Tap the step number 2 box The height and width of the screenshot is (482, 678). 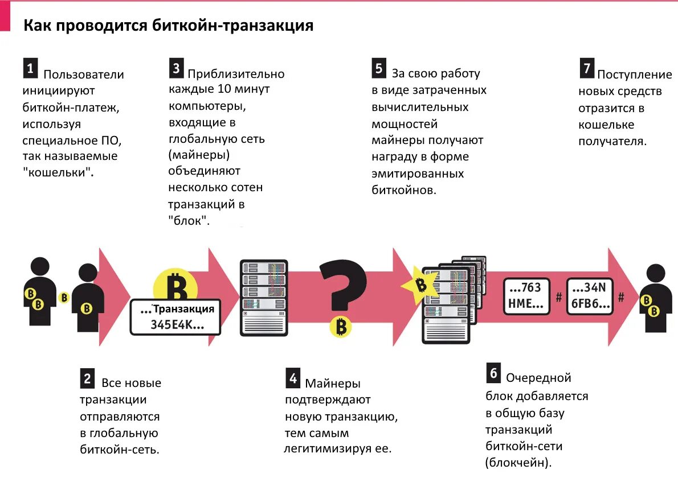pyautogui.click(x=87, y=378)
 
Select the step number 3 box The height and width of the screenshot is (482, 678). pyautogui.click(x=176, y=68)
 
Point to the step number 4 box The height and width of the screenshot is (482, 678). pyautogui.click(x=292, y=378)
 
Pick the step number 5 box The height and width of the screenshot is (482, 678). pyautogui.click(x=379, y=68)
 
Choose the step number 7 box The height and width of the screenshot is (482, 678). pyautogui.click(x=587, y=68)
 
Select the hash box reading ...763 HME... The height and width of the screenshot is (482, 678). pyautogui.click(x=525, y=296)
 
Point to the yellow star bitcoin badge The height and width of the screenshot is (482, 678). pyautogui.click(x=421, y=284)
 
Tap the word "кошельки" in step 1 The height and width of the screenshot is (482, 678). pyautogui.click(x=59, y=172)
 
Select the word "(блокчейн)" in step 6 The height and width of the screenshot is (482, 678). pyautogui.click(x=518, y=463)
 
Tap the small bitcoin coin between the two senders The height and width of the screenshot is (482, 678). pyautogui.click(x=64, y=297)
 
